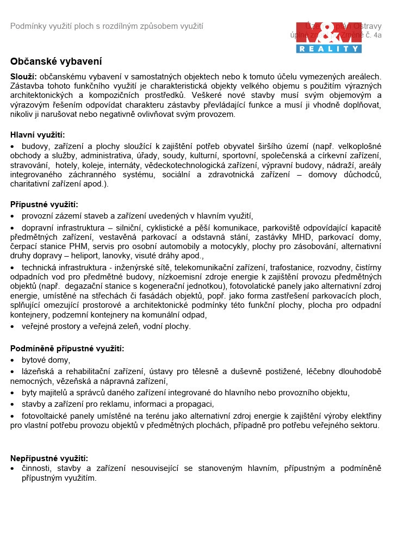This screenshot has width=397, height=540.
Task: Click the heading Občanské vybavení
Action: tap(56, 62)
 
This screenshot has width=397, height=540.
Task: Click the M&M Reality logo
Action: tap(328, 37)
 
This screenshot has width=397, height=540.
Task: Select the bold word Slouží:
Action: tap(23, 77)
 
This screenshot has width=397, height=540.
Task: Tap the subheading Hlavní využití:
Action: tap(38, 135)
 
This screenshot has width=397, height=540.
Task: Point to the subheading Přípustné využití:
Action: tap(44, 204)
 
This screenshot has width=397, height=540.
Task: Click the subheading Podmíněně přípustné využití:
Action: tap(67, 349)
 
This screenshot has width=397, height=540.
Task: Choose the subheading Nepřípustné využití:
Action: tap(49, 458)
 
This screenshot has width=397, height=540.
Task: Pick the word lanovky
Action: tap(121, 256)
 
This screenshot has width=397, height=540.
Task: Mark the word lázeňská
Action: tap(39, 371)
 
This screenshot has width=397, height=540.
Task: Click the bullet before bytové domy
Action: tap(13, 361)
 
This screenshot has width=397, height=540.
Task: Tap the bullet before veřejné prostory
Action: tap(13, 327)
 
